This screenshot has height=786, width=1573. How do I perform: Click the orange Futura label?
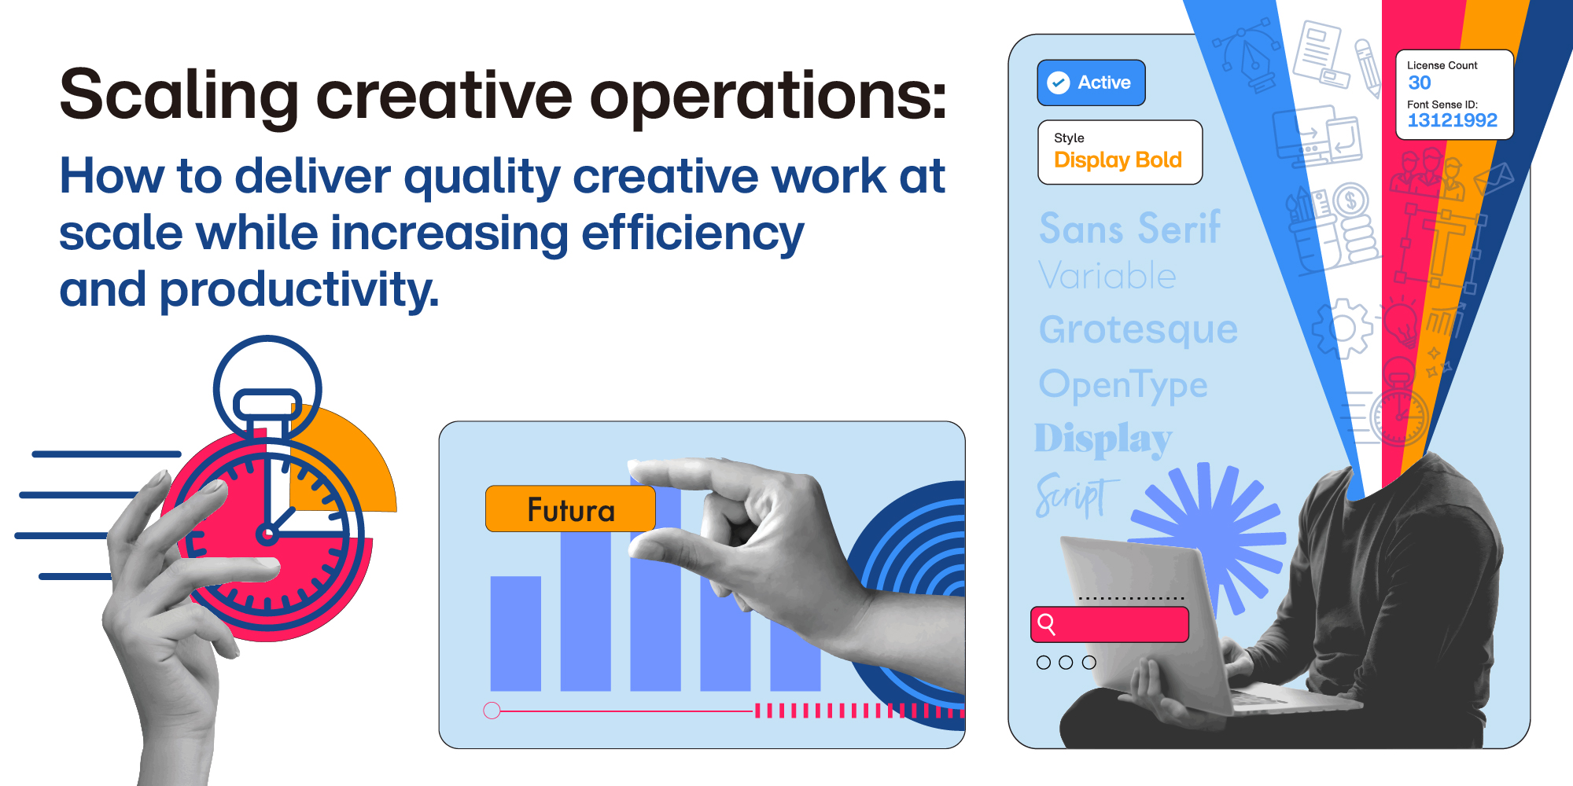pos(570,509)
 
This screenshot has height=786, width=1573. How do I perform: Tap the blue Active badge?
pos(1091,83)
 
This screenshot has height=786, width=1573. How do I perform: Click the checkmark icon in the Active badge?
pos(1059,83)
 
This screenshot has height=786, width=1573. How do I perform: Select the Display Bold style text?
pos(1118,160)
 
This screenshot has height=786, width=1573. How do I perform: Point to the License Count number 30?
pos(1419,83)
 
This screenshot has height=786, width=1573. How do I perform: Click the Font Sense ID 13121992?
pos(1452,120)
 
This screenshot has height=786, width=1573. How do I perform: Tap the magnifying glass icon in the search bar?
pos(1047,624)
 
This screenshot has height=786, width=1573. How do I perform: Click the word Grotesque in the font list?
pos(1138,329)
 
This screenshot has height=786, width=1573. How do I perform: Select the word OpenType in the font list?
pos(1123,384)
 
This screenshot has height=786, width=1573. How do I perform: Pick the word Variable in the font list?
pos(1107,276)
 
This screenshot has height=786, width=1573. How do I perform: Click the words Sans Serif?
pos(1129,228)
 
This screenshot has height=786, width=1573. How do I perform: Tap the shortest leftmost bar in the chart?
pos(515,634)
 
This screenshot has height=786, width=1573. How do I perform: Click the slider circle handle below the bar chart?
pos(492,711)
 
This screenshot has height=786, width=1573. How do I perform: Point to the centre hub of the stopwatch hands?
pos(267,535)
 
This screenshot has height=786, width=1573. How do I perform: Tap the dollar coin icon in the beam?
pos(1350,201)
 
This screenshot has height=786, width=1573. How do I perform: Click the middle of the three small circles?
pos(1066,663)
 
